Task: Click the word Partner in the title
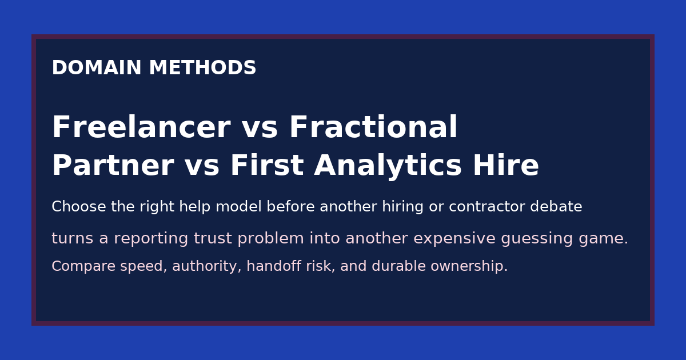[113, 166]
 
